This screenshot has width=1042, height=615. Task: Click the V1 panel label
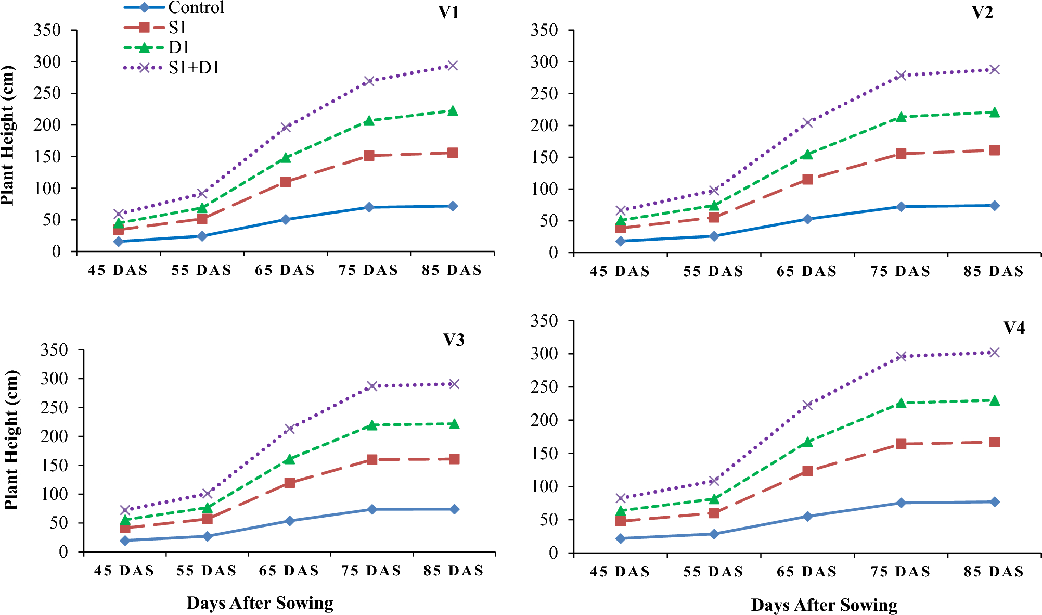point(448,12)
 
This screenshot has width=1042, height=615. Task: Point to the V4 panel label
point(1013,328)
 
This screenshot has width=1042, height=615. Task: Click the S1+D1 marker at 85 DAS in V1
point(453,66)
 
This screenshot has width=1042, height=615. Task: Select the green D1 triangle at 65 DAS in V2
point(807,154)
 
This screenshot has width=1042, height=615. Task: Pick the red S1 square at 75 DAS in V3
point(371,460)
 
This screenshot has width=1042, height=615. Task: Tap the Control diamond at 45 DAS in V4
point(620,538)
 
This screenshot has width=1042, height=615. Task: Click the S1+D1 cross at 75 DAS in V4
point(901,357)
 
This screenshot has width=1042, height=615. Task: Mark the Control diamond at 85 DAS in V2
point(994,206)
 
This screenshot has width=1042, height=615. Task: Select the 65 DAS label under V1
point(285,270)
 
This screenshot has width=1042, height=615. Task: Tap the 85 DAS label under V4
point(994,572)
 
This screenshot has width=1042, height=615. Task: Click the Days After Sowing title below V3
point(260,603)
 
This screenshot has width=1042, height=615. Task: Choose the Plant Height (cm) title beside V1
point(8,135)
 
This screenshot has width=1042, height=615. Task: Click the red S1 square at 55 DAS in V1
point(202,219)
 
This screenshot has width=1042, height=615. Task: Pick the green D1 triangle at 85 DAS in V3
point(454,424)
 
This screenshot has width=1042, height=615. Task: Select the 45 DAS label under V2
point(620,271)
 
